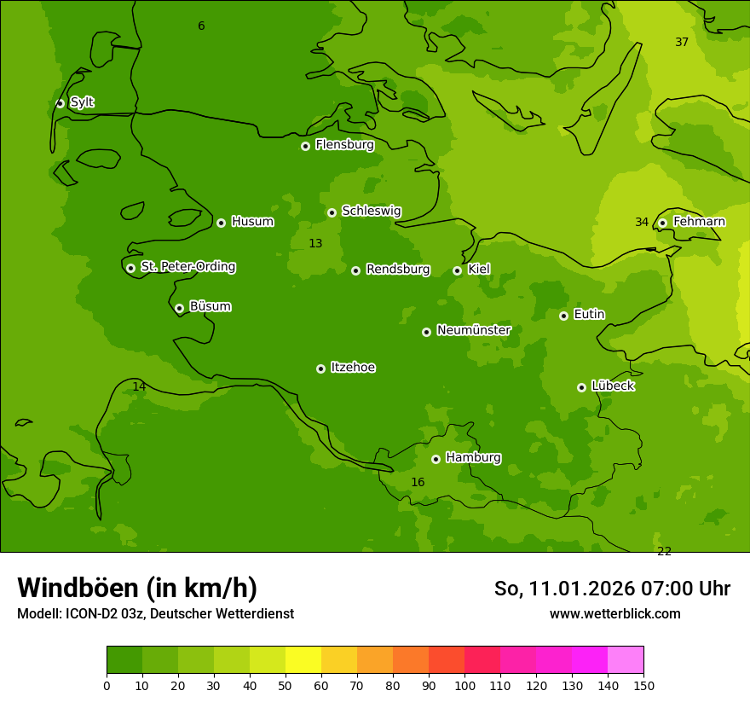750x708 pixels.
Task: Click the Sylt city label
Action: (x=82, y=102)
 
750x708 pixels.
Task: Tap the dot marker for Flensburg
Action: (x=305, y=146)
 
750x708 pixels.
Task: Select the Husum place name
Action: (x=252, y=222)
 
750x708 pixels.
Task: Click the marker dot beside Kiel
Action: (x=457, y=270)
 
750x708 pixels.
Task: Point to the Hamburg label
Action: (x=473, y=458)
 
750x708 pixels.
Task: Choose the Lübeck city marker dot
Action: (x=581, y=387)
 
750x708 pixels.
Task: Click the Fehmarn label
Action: (x=699, y=222)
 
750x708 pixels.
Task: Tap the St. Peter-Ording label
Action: (x=187, y=267)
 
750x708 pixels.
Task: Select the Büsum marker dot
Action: (x=179, y=308)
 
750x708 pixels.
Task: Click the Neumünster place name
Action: (x=473, y=330)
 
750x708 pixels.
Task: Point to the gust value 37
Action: (x=682, y=43)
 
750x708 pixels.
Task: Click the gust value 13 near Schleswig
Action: (x=315, y=244)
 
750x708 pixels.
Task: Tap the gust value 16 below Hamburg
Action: (x=418, y=483)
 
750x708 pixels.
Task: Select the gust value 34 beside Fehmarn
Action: (x=642, y=223)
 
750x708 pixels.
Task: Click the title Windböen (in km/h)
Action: (x=137, y=588)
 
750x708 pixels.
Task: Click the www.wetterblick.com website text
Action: (x=614, y=614)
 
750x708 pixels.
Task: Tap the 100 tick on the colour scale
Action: (x=464, y=685)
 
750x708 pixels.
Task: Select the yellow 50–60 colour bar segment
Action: (x=303, y=660)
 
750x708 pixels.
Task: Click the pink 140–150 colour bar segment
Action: (x=626, y=660)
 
